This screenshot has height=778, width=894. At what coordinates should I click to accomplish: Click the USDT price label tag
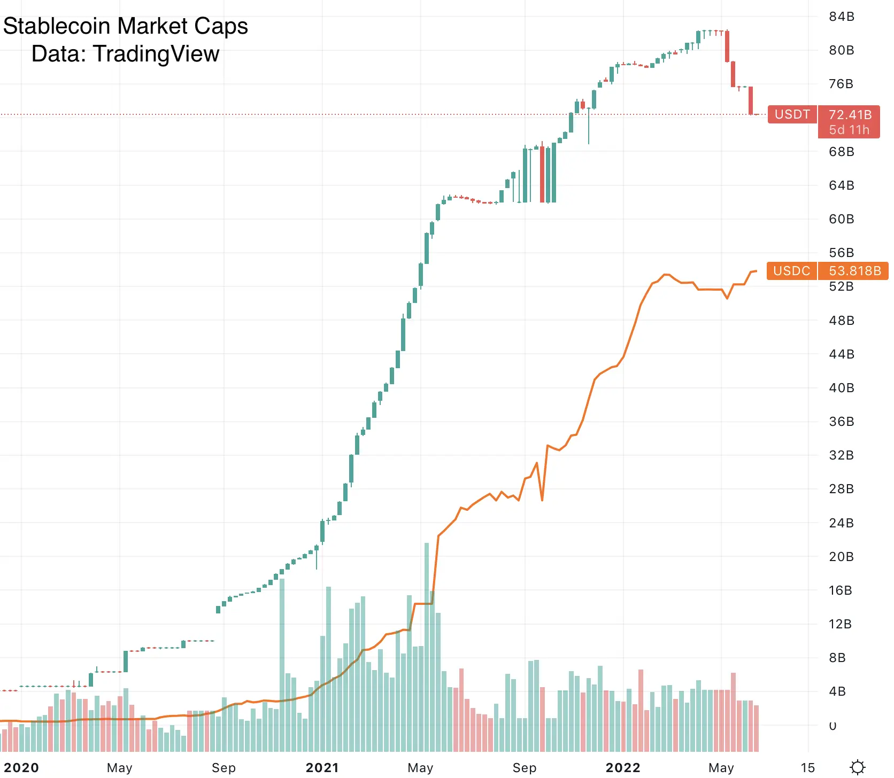pos(792,114)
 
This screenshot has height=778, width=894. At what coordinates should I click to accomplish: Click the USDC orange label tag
pos(791,271)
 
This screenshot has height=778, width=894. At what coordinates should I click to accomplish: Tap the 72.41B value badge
pos(850,115)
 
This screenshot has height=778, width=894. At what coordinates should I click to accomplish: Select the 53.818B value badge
pos(854,271)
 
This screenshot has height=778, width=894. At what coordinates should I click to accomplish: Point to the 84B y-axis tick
pos(841,17)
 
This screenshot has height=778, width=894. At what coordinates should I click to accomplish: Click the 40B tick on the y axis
pos(841,388)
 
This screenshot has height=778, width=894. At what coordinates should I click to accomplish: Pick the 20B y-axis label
pos(841,557)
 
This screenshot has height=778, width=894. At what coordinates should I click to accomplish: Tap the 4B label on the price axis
pos(837,691)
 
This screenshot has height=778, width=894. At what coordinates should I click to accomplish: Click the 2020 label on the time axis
pos(21,768)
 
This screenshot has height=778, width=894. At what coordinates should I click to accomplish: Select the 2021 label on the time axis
pos(322,768)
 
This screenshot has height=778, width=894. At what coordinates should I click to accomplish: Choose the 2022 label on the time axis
pos(622,768)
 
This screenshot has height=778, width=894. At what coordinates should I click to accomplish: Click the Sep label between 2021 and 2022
pos(524,768)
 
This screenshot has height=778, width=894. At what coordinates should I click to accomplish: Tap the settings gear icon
pos(857,767)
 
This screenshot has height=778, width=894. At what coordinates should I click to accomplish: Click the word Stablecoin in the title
pos(57,26)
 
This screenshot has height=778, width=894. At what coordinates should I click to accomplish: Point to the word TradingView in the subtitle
pos(156,54)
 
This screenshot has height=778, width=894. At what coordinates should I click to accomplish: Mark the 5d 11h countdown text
pos(849,130)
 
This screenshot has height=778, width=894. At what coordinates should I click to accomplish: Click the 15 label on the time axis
pos(807,768)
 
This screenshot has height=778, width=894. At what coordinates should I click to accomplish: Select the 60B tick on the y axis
pos(841,219)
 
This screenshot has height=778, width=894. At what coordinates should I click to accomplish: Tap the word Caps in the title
pos(221,26)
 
